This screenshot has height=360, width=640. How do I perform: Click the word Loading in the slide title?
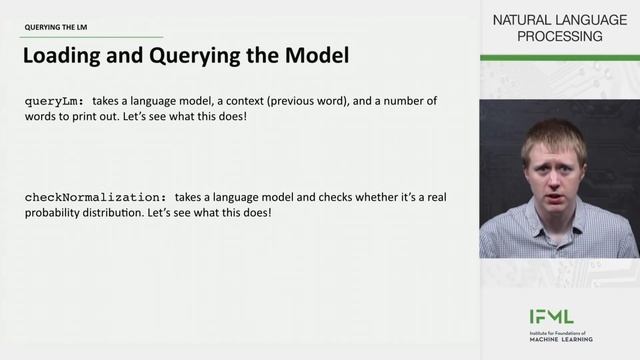point(63,57)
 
